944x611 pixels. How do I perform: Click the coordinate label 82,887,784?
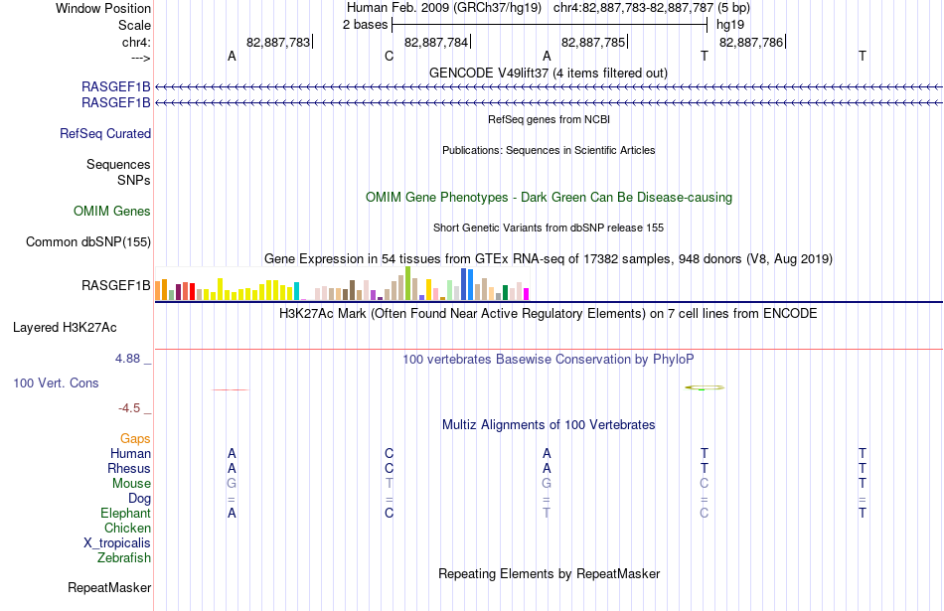click(x=436, y=42)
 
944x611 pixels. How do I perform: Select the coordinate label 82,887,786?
click(x=751, y=42)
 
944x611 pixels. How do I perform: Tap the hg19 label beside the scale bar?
click(x=730, y=25)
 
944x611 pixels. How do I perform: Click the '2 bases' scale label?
click(x=366, y=25)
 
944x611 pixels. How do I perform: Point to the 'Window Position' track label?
click(x=103, y=8)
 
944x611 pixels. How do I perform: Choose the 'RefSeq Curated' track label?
click(x=105, y=134)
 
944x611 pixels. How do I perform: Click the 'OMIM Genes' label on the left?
click(x=112, y=211)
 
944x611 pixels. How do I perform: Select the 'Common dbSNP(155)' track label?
click(x=88, y=242)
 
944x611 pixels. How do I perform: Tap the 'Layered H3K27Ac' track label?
click(x=65, y=328)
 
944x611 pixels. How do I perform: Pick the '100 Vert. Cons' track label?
click(x=56, y=382)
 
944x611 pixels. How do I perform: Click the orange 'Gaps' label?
click(x=135, y=439)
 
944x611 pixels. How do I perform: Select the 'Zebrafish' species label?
click(x=124, y=558)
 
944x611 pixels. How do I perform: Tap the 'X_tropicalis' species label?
click(x=117, y=543)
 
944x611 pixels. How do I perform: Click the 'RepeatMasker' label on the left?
click(x=109, y=587)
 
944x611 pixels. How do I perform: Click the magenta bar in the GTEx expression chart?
click(x=527, y=294)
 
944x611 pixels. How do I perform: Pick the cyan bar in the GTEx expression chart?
click(x=296, y=291)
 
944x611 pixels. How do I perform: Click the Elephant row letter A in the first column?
click(x=232, y=514)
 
